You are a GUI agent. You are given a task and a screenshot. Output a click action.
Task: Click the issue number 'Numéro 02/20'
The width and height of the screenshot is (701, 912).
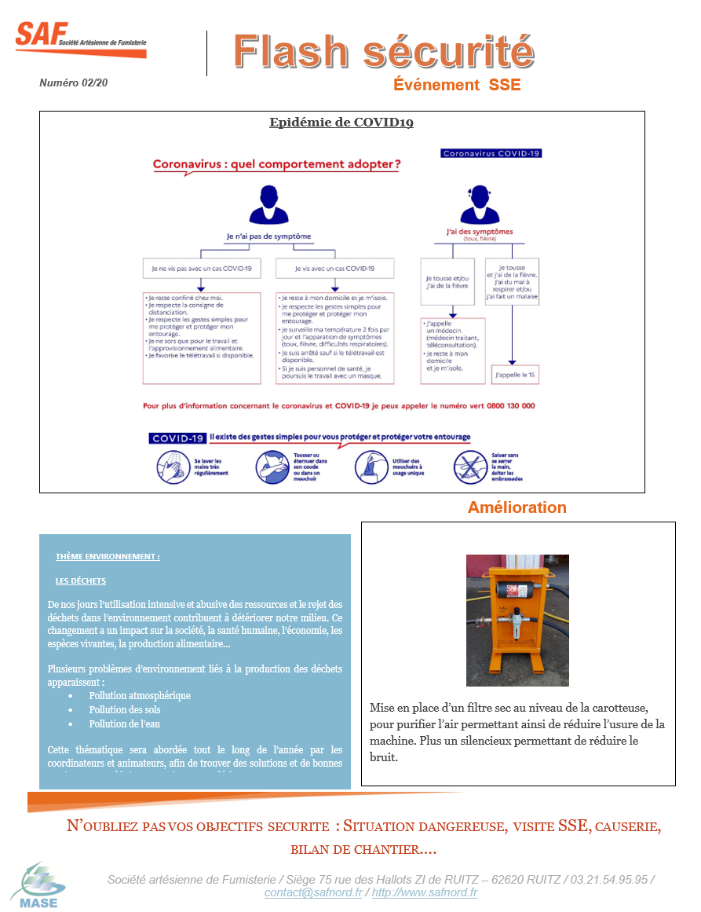click(74, 82)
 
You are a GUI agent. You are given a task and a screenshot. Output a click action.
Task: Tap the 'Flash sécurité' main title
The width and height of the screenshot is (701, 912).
click(384, 52)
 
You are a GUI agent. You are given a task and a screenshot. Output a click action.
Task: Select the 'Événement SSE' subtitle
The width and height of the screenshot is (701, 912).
click(457, 85)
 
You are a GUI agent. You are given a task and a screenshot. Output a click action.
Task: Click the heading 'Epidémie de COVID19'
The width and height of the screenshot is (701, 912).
click(341, 123)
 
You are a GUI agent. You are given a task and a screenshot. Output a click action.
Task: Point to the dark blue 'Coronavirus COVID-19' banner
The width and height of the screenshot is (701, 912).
click(491, 153)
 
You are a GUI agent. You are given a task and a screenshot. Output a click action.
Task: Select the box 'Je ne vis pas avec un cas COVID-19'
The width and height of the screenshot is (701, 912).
click(202, 269)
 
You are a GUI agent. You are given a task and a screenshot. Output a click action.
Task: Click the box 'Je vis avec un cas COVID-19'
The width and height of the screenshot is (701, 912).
click(334, 269)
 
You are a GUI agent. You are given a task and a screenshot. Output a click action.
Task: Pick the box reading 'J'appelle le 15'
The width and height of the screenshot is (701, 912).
click(515, 376)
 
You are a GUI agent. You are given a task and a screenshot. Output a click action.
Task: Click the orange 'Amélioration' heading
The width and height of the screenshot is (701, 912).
click(517, 507)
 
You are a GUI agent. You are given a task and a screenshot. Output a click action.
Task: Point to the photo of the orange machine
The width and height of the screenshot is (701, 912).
click(517, 620)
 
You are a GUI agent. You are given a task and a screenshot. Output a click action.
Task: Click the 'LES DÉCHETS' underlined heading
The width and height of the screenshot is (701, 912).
click(81, 581)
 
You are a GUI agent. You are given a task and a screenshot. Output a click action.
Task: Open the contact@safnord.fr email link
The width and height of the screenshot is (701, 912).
click(313, 892)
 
